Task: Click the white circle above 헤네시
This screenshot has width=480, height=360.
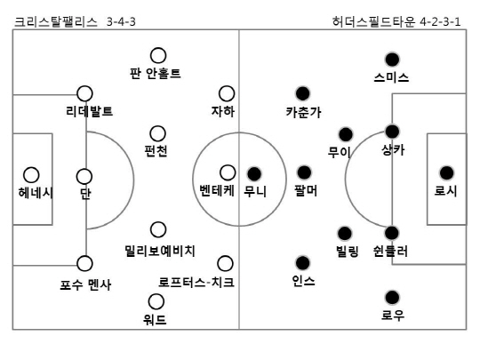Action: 31,175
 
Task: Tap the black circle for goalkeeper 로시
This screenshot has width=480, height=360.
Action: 446,173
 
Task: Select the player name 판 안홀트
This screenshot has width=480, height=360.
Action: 156,74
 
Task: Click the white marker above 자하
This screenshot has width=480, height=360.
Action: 227,93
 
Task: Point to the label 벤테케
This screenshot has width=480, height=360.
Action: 217,190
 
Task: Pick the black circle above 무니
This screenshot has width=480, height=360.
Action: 254,174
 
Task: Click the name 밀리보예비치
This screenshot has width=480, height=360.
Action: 160,251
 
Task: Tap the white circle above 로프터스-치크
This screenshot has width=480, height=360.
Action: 225,263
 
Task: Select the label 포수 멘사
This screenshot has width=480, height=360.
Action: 85,284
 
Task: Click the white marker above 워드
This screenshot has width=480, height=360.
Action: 156,301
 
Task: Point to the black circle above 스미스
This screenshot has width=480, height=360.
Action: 392,60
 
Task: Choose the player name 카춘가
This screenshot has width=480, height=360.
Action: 304,112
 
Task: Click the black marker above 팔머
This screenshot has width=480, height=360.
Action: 304,172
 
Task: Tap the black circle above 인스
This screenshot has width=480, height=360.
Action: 303,263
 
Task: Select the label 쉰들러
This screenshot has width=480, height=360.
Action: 390,251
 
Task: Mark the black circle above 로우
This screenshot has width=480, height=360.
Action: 392,298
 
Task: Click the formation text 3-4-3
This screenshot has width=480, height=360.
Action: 121,21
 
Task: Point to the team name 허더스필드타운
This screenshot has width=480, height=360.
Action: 373,21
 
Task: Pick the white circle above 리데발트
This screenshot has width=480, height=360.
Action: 84,93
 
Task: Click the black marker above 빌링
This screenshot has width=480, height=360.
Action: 345,234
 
